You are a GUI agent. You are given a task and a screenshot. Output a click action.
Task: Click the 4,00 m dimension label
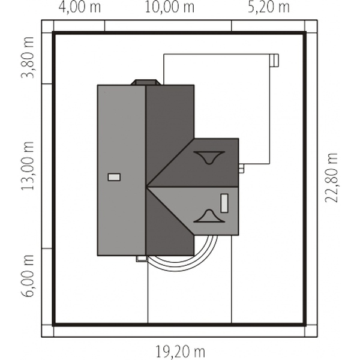point(80,7)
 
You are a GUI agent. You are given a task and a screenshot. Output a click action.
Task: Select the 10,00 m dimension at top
point(170,7)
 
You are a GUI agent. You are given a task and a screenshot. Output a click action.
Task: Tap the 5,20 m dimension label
point(269,7)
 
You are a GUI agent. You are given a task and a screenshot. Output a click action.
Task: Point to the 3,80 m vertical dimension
point(28,58)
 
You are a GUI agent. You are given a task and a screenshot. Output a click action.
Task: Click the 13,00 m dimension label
point(28,166)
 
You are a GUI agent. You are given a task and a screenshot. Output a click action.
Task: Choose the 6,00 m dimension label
point(28,275)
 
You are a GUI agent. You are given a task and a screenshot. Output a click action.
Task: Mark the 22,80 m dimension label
point(331,178)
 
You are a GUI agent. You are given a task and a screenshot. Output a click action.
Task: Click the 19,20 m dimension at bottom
point(180,352)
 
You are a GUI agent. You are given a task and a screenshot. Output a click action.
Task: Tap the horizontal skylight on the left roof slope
point(114,177)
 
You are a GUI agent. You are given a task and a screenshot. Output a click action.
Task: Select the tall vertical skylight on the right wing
point(224,203)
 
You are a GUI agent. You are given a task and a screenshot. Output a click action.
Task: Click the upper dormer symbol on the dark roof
point(209,157)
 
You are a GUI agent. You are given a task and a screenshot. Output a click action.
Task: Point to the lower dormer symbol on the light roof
point(209,216)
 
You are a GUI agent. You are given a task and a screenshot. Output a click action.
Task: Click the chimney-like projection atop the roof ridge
point(145,82)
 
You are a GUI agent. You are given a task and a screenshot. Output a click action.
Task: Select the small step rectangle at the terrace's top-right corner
point(274,61)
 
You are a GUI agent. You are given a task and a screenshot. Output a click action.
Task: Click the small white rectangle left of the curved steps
point(142,259)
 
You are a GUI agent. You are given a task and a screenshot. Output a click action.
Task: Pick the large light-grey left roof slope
point(121,170)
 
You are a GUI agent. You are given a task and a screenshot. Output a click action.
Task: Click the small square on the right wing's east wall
point(241,168)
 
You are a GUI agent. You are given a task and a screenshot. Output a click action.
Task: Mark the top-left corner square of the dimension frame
point(47,26)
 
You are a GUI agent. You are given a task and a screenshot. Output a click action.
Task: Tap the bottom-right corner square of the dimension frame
point(311,331)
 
